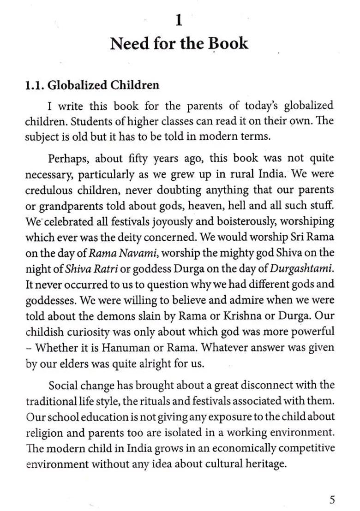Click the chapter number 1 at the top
(x=179, y=21)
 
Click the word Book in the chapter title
(x=228, y=43)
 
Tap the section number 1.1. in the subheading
(x=35, y=85)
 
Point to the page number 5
(x=332, y=499)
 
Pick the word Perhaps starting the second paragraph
(x=69, y=158)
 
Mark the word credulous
(x=48, y=190)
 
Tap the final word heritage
(x=263, y=463)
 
